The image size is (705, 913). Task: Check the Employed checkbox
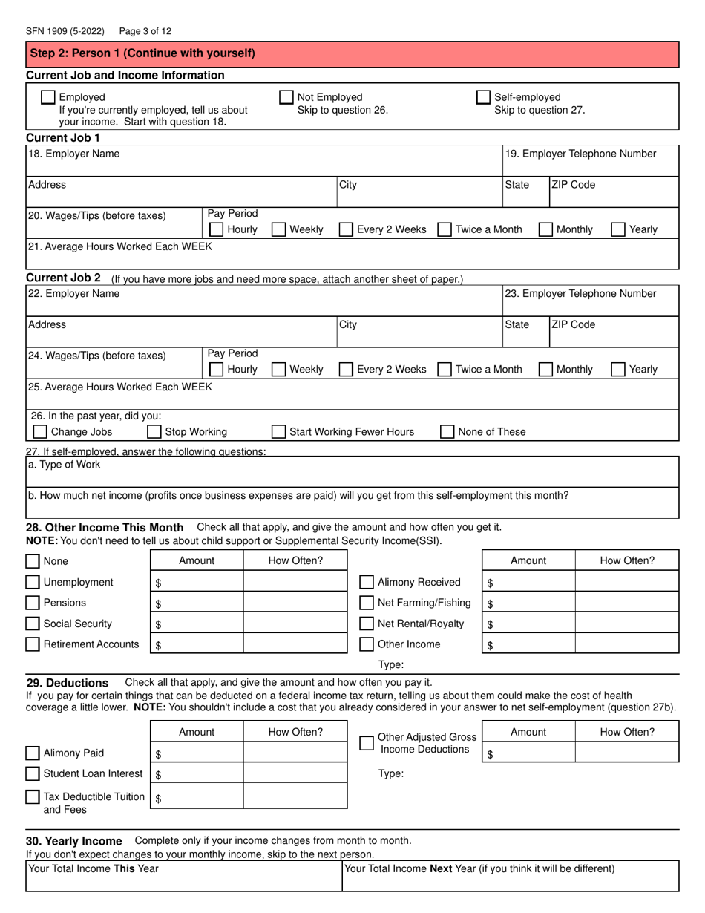[47, 97]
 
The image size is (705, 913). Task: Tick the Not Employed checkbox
[286, 97]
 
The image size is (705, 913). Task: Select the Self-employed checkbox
[483, 97]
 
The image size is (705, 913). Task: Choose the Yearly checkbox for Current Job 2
[617, 369]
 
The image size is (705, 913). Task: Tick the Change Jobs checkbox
[40, 431]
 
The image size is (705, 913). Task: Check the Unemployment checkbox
[33, 582]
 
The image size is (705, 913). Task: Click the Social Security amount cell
[197, 624]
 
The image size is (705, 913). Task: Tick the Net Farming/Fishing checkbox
[367, 603]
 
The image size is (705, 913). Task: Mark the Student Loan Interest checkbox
[33, 773]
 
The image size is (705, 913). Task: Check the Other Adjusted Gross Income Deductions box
[367, 743]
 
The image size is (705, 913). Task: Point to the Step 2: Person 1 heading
[141, 53]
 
